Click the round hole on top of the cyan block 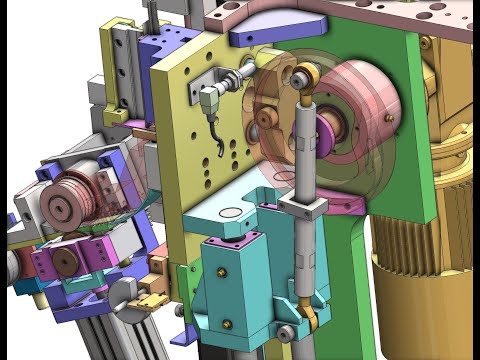click(x=227, y=213)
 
